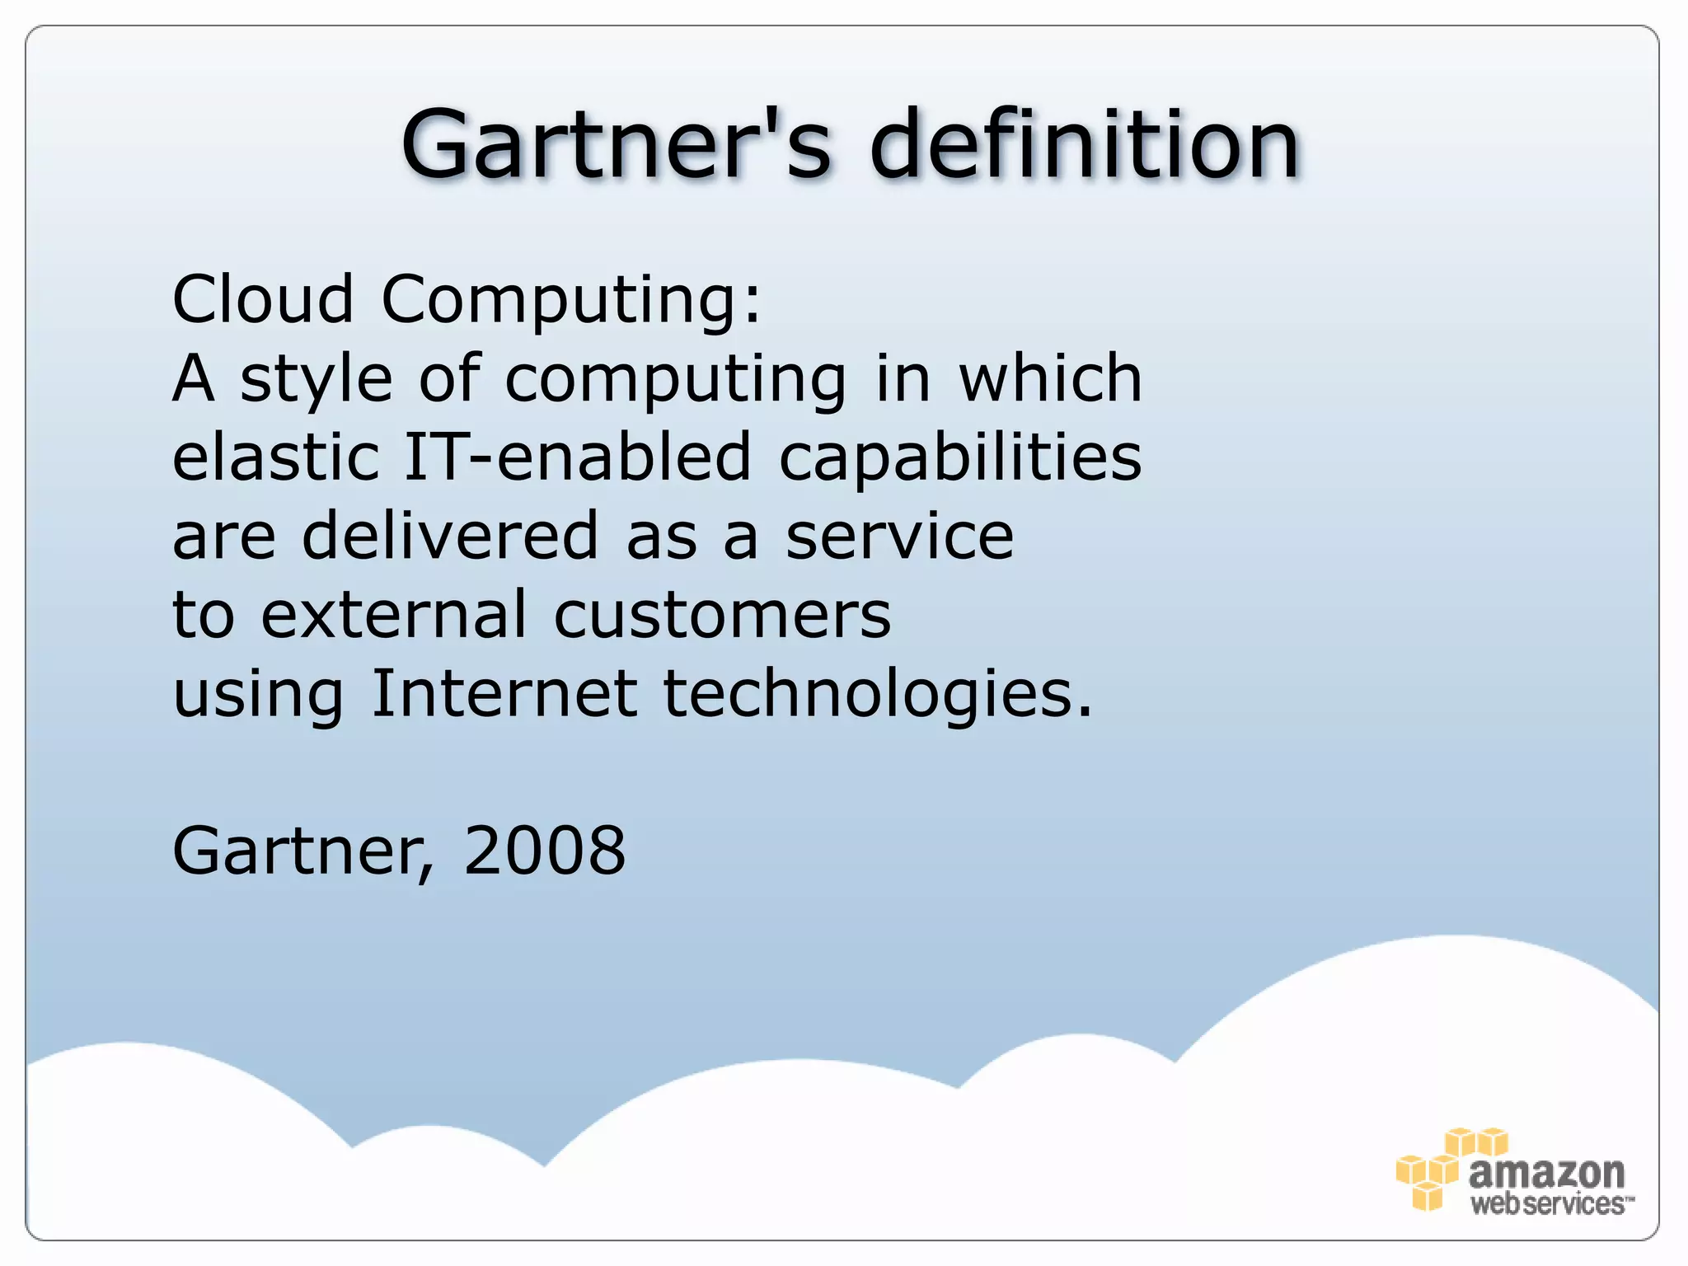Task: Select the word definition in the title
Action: tap(1085, 144)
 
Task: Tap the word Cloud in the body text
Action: tap(262, 298)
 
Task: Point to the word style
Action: tap(316, 380)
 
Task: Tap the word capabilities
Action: tap(960, 458)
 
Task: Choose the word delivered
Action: tap(450, 536)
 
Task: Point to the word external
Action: tap(393, 615)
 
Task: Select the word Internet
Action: tap(504, 694)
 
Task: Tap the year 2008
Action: tap(545, 851)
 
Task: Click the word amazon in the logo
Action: tap(1546, 1172)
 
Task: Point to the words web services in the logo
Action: tap(1550, 1203)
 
